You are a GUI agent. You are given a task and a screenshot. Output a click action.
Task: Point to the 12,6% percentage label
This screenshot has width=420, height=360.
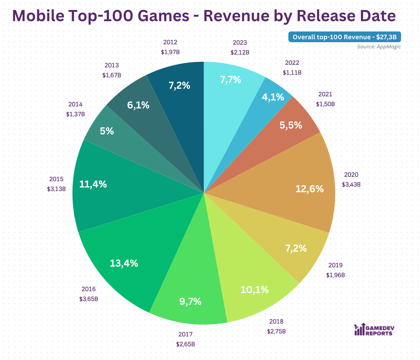pyautogui.click(x=309, y=189)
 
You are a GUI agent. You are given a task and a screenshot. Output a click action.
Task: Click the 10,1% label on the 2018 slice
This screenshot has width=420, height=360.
pyautogui.click(x=254, y=289)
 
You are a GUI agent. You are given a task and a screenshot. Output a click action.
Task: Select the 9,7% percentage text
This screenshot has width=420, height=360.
pyautogui.click(x=190, y=301)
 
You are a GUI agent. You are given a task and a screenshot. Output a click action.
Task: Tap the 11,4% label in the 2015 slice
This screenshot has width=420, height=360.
pyautogui.click(x=93, y=184)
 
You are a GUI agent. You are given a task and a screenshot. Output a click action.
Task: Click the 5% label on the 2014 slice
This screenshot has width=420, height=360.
pyautogui.click(x=107, y=131)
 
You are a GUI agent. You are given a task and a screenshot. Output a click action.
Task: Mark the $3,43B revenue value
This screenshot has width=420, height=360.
pyautogui.click(x=351, y=185)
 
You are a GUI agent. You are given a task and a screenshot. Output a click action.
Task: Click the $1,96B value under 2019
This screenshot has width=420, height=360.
pyautogui.click(x=335, y=275)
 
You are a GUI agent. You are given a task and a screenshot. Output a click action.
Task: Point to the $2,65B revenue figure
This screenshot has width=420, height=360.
pyautogui.click(x=185, y=344)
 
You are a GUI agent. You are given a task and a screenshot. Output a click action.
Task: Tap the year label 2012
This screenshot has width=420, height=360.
pyautogui.click(x=170, y=42)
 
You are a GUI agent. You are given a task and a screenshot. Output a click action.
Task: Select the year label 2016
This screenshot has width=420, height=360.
pyautogui.click(x=88, y=289)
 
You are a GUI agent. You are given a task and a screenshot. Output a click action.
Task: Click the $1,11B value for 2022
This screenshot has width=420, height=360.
pyautogui.click(x=292, y=72)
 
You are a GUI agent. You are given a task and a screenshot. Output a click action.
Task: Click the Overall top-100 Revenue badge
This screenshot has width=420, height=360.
pyautogui.click(x=345, y=37)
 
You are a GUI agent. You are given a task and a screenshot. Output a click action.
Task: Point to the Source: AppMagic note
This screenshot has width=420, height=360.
pyautogui.click(x=379, y=47)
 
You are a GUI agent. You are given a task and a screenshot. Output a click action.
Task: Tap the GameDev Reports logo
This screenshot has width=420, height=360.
pyautogui.click(x=373, y=329)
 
